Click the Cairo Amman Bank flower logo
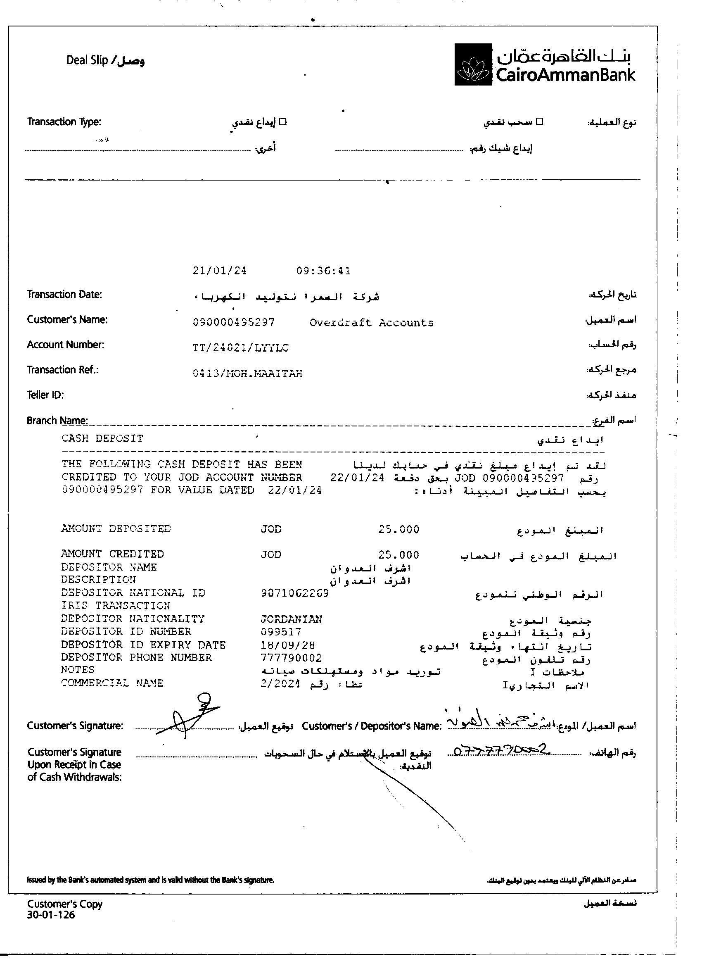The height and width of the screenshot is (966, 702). [x=473, y=65]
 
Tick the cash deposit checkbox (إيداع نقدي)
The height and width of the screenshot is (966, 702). [x=282, y=122]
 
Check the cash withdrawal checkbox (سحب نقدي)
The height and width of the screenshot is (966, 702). [x=539, y=121]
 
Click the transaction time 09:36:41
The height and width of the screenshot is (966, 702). [x=324, y=271]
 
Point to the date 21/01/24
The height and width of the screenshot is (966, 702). [x=219, y=271]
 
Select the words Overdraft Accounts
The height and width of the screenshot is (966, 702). [x=371, y=323]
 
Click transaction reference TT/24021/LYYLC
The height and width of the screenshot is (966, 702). [x=240, y=348]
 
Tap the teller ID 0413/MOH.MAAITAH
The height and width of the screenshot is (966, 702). [x=247, y=374]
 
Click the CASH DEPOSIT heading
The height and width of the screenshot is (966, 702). [x=102, y=438]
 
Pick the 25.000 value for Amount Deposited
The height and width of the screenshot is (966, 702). [x=398, y=529]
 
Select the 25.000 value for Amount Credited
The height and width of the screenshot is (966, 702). [x=398, y=555]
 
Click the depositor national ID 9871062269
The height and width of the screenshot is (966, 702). [x=294, y=593]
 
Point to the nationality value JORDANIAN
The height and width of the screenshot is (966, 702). [x=291, y=619]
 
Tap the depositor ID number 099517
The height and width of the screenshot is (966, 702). [x=281, y=632]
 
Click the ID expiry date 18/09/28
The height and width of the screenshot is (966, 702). [x=288, y=645]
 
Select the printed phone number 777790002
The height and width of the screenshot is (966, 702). [x=291, y=658]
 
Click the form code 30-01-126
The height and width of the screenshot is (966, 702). [x=51, y=915]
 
